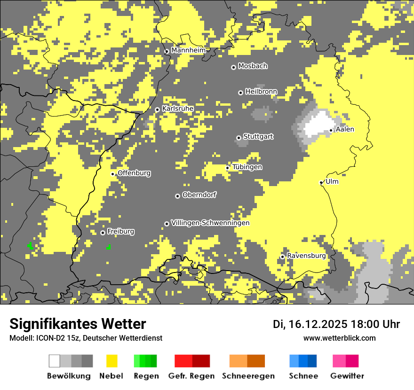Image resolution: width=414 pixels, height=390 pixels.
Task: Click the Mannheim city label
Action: (188, 50)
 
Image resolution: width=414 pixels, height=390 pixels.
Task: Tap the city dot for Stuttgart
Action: (239, 138)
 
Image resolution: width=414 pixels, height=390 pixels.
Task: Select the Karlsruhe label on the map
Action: (178, 109)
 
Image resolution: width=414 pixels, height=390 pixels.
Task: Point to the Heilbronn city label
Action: (261, 92)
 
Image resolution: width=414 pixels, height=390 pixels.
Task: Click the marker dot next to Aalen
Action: (331, 131)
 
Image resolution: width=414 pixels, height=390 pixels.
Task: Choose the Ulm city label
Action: (332, 182)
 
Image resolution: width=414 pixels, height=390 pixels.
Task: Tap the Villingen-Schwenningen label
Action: (210, 223)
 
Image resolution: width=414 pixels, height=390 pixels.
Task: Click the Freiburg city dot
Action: (103, 233)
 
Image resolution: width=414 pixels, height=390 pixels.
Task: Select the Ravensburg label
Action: (306, 256)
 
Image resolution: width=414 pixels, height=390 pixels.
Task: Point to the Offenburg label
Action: (134, 173)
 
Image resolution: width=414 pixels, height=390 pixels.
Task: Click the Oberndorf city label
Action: (199, 195)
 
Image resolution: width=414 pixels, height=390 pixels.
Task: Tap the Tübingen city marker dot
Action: (228, 168)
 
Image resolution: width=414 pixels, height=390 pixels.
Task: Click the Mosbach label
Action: (253, 66)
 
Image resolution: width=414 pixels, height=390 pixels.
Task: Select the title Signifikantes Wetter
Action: (78, 324)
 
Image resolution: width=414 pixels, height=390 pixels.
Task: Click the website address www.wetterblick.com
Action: (339, 338)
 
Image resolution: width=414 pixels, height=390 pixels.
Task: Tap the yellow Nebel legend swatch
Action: (112, 361)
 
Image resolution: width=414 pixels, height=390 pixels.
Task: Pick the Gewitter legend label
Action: (347, 376)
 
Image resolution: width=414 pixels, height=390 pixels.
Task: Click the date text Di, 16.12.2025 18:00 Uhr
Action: (336, 324)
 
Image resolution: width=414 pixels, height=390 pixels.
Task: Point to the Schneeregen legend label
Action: (248, 376)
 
